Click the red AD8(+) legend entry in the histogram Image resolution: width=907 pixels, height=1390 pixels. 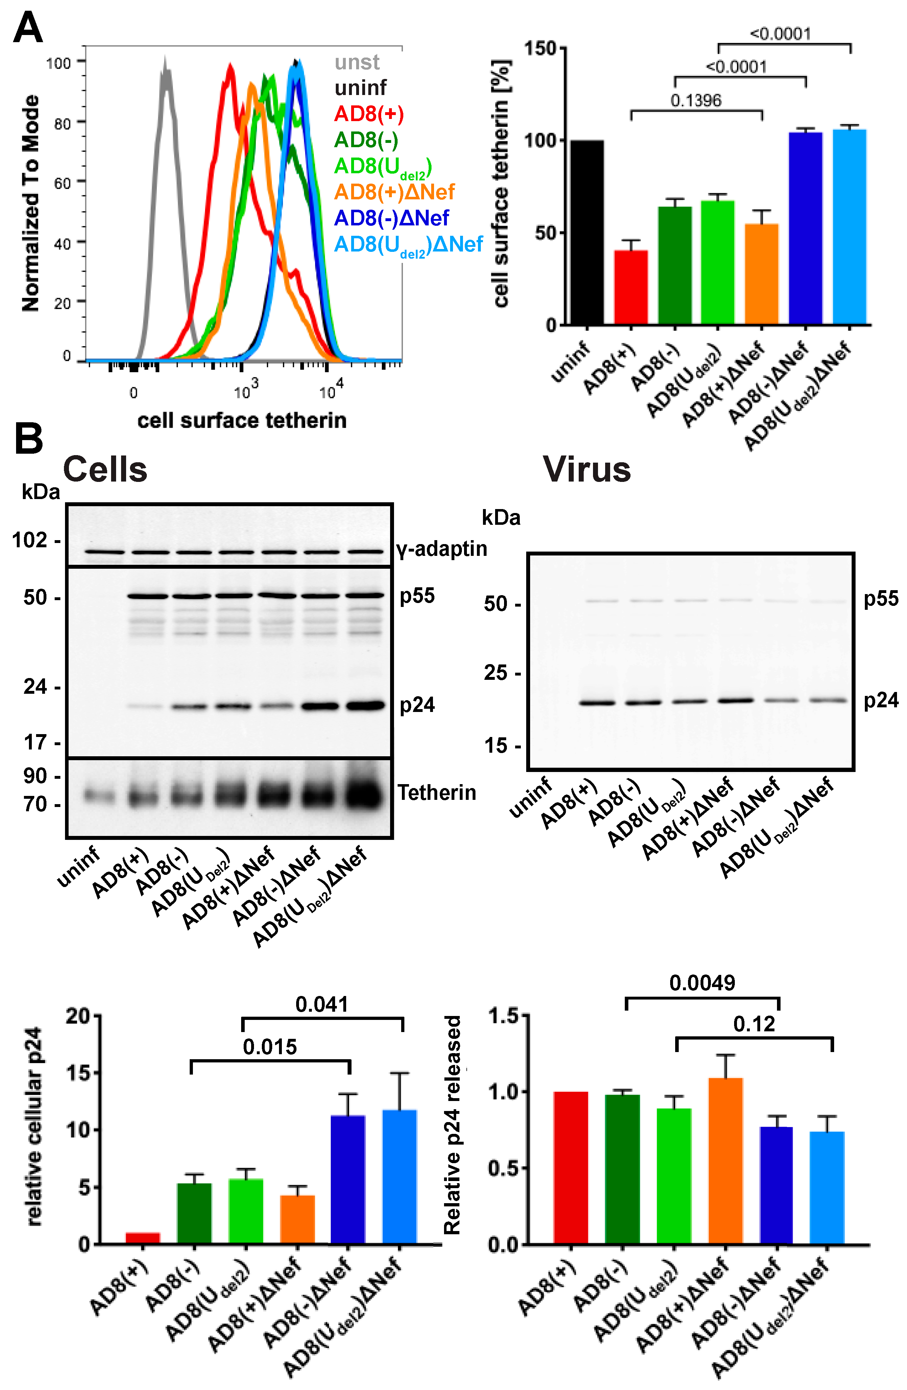click(369, 114)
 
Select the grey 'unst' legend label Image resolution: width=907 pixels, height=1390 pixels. click(357, 62)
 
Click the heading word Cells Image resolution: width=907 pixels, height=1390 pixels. click(105, 469)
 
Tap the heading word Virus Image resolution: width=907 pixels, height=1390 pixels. click(587, 469)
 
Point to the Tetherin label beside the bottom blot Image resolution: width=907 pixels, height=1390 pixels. click(437, 793)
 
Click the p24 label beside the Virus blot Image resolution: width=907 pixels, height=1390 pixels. click(881, 700)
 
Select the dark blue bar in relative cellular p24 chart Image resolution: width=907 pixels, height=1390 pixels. click(348, 1180)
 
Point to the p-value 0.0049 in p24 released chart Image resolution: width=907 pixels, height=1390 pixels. click(702, 983)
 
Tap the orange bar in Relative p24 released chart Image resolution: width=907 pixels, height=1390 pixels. click(726, 1162)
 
